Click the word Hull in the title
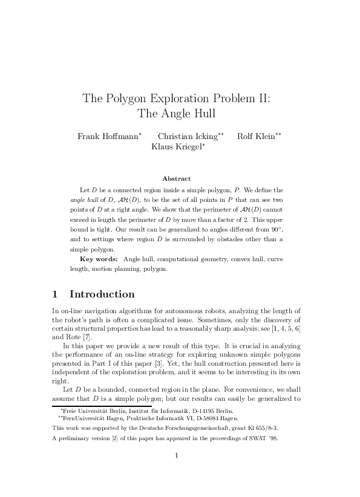click(x=203, y=113)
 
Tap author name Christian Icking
click(x=187, y=136)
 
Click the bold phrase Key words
click(x=99, y=259)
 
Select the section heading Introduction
click(x=102, y=294)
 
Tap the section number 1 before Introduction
click(x=55, y=294)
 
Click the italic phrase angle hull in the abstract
click(x=83, y=200)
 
